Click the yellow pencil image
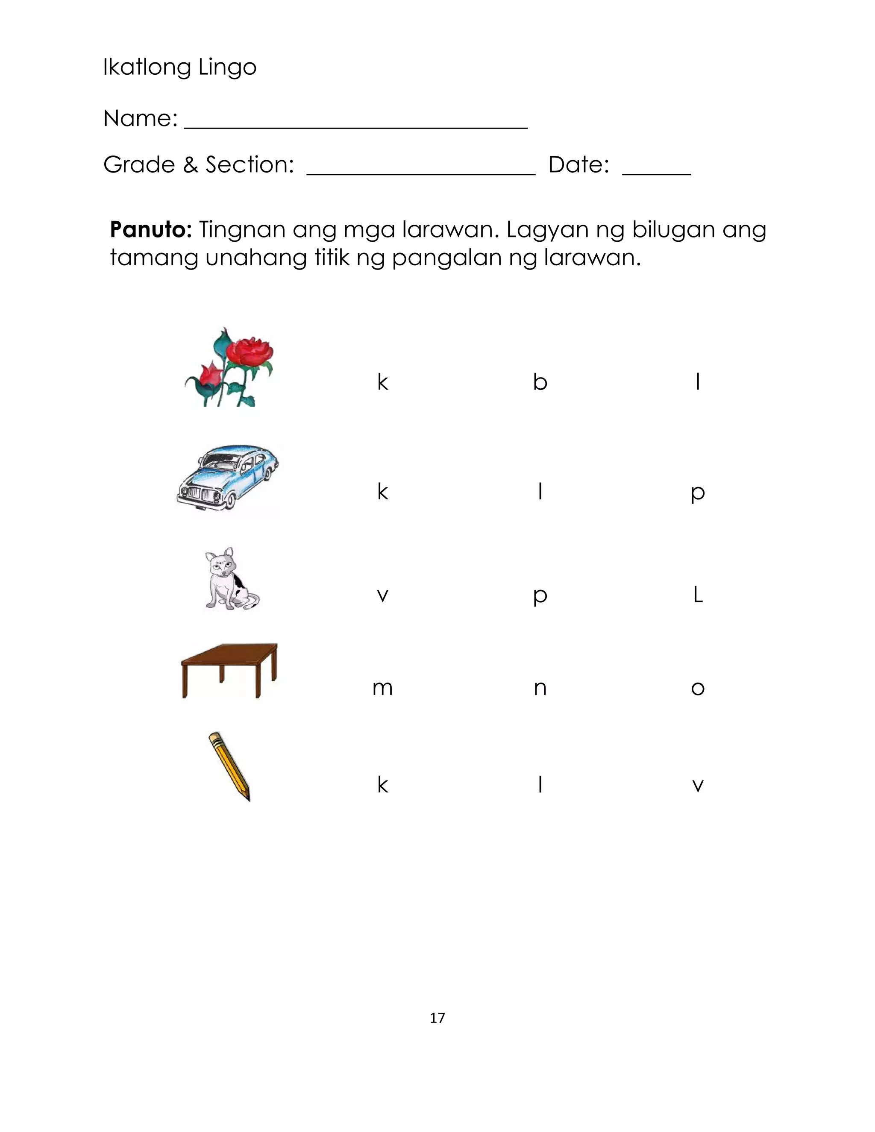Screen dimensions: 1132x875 pyautogui.click(x=229, y=766)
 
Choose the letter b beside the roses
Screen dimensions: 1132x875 pyautogui.click(x=540, y=382)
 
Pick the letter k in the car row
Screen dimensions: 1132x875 pyautogui.click(x=382, y=491)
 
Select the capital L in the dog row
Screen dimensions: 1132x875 pyautogui.click(x=698, y=595)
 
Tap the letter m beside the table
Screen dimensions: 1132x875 pyautogui.click(x=382, y=688)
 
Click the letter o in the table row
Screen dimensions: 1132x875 pyautogui.click(x=698, y=688)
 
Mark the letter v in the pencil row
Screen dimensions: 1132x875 pyautogui.click(x=698, y=786)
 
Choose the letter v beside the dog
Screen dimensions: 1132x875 pyautogui.click(x=382, y=595)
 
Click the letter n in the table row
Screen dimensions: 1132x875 pyautogui.click(x=540, y=688)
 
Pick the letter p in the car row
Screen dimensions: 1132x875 pyautogui.click(x=698, y=493)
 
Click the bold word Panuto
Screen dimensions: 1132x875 pyautogui.click(x=151, y=230)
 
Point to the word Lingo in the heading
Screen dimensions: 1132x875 pyautogui.click(x=228, y=67)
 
